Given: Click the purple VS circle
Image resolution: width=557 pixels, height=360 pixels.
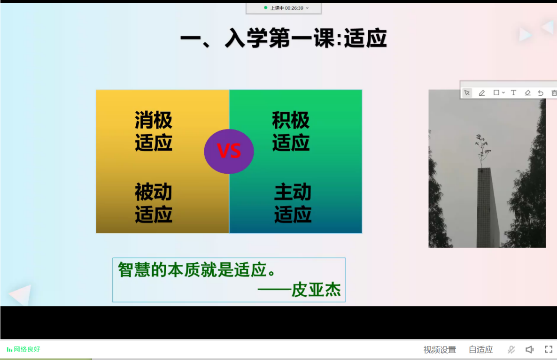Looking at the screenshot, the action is tap(229, 151).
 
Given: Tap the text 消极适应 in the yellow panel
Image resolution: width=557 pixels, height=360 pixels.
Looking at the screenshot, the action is tap(154, 131).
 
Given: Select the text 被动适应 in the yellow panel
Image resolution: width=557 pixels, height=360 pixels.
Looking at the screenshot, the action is tap(154, 203).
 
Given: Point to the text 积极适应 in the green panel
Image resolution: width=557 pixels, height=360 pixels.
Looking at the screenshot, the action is tap(291, 131).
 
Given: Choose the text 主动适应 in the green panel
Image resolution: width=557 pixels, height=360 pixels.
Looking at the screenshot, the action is tap(293, 203).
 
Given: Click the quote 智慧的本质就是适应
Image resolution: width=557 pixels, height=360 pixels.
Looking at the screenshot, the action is tap(197, 270).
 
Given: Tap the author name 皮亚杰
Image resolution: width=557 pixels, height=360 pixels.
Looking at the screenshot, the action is tap(316, 290).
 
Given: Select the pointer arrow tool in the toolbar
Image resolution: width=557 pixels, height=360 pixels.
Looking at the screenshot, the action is tap(467, 93).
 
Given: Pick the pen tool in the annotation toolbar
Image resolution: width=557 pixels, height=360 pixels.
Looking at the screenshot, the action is tap(482, 93).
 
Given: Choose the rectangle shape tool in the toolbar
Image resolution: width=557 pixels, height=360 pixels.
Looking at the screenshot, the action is tap(496, 92).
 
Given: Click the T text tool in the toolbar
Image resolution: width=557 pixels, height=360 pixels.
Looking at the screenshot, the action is tap(513, 92).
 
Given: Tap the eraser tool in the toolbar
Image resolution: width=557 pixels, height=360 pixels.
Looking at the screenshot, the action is tap(527, 93).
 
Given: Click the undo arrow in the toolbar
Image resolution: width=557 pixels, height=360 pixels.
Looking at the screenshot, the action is tap(541, 93).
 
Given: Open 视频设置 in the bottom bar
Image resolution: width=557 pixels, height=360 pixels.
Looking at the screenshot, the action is tap(440, 350).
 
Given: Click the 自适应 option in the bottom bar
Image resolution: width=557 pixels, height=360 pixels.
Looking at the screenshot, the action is tap(480, 350).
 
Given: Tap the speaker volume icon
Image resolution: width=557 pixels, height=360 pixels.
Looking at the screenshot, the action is tap(530, 350).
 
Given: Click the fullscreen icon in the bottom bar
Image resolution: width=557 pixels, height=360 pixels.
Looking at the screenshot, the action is tap(549, 349).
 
